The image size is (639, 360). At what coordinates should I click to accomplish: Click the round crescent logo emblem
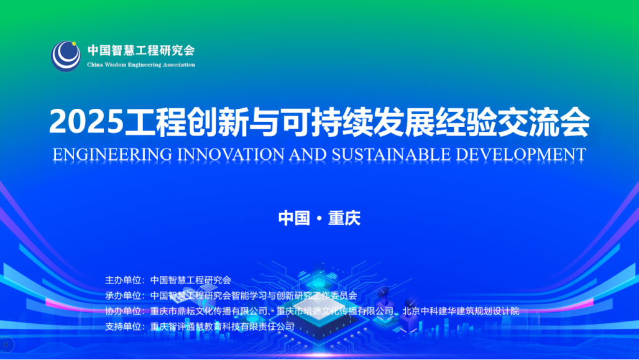(x=66, y=56)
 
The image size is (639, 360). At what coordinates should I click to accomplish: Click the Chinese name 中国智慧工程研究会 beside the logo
(x=141, y=50)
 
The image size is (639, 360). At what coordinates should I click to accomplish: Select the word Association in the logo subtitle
(x=179, y=65)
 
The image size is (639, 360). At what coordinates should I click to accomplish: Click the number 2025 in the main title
(x=86, y=121)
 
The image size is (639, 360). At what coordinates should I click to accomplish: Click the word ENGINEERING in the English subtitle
(x=113, y=155)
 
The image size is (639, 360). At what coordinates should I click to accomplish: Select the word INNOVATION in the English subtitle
(x=231, y=155)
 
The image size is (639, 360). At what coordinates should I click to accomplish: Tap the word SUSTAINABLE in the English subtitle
(x=391, y=155)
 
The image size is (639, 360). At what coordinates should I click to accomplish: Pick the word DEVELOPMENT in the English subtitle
(x=521, y=155)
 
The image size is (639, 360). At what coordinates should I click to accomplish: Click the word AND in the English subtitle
(x=308, y=155)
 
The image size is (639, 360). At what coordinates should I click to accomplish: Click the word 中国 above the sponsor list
(x=294, y=218)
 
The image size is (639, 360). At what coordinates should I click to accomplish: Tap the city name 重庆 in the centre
(x=344, y=218)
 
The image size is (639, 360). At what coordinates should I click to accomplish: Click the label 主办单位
(x=123, y=280)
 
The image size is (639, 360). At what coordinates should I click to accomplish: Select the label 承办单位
(x=123, y=295)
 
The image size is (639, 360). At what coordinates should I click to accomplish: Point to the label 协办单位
(x=123, y=311)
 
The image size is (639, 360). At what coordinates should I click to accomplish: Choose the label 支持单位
(x=123, y=326)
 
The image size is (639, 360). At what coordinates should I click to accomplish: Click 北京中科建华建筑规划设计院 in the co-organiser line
(x=461, y=311)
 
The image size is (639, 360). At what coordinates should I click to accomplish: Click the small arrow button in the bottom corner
(x=6, y=345)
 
